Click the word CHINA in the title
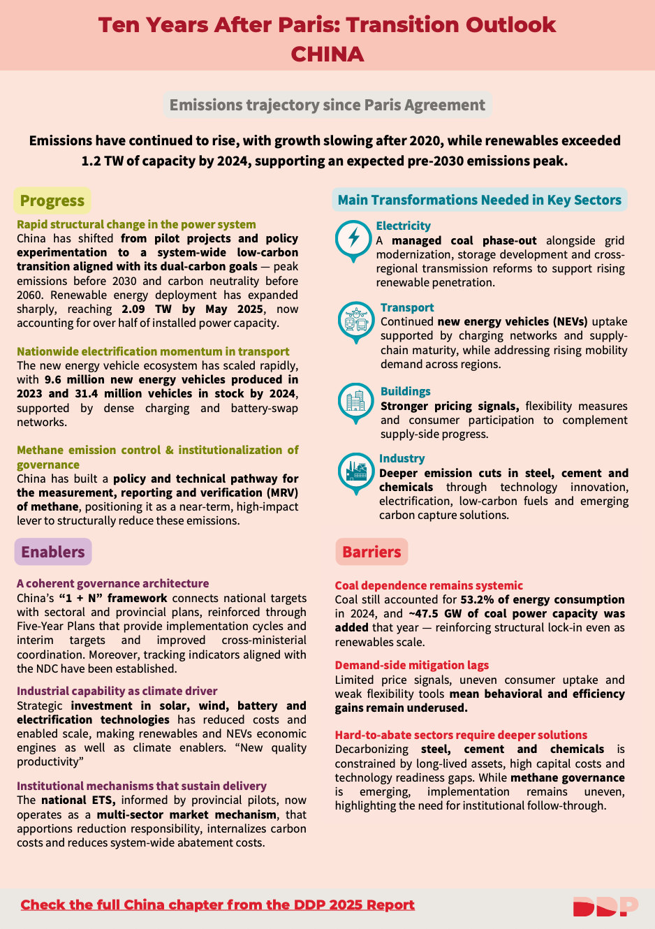327,54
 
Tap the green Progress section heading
52,201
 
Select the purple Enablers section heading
53,552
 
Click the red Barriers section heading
371,552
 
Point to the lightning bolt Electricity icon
353,239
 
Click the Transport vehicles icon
356,321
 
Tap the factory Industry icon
356,471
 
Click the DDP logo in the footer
605,906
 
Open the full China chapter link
217,905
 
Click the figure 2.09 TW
147,309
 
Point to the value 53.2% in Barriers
476,599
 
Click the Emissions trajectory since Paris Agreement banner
327,105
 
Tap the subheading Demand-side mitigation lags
411,665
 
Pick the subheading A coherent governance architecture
113,583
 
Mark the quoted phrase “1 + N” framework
113,598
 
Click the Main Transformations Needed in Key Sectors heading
479,200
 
